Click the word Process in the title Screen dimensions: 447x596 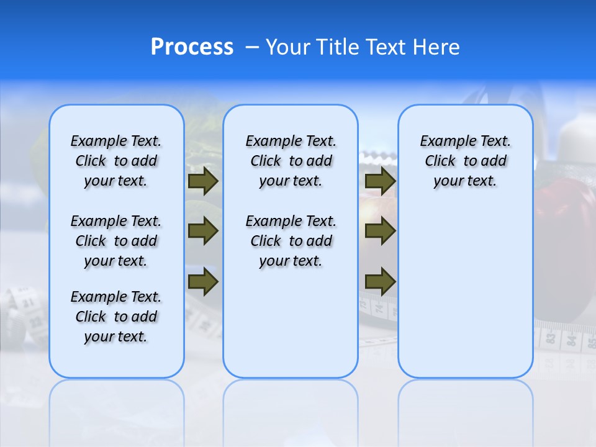point(192,47)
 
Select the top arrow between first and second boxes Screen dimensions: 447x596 point(202,181)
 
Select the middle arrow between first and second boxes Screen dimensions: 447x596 point(202,231)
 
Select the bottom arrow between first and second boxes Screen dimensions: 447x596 point(202,282)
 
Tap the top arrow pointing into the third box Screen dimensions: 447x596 point(380,181)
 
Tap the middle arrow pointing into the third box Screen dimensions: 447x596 point(380,231)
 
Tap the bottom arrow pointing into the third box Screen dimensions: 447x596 point(380,282)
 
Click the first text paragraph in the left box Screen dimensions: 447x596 point(116,161)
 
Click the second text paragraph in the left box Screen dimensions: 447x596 point(116,241)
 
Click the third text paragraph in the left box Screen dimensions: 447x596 point(116,317)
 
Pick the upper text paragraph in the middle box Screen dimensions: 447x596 point(291,161)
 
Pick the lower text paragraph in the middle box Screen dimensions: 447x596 point(291,241)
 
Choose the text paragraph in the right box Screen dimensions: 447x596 point(465,161)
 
